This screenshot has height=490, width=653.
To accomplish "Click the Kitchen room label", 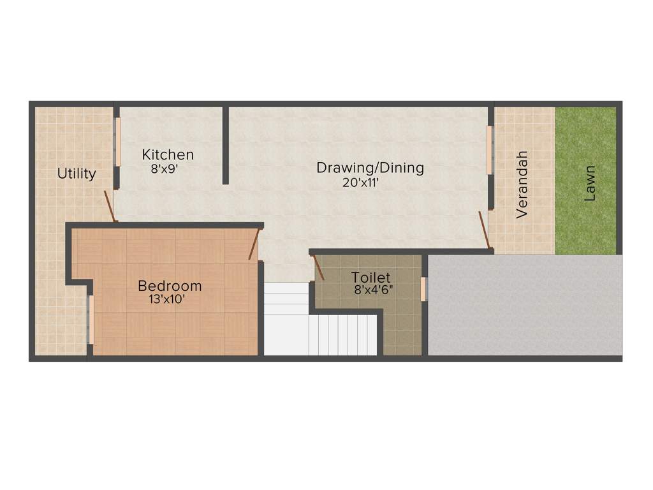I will click(168, 154).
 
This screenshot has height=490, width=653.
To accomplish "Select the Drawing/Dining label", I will click(371, 168).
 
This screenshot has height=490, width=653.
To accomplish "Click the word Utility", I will click(77, 173).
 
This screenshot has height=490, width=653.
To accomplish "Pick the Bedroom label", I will click(170, 285).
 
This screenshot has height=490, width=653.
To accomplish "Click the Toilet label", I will click(371, 278).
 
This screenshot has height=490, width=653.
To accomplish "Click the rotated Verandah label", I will click(522, 185).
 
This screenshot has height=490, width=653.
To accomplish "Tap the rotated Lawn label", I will click(591, 184).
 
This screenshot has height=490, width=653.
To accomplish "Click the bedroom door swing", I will click(254, 244).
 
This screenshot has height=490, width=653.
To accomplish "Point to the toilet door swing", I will click(318, 267).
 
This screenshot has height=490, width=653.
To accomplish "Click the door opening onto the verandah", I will click(485, 230).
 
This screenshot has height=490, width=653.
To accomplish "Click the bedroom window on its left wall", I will click(91, 320).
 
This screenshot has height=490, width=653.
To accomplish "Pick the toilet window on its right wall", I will click(423, 288).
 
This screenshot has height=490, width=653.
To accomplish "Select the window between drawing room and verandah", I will click(490, 150).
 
